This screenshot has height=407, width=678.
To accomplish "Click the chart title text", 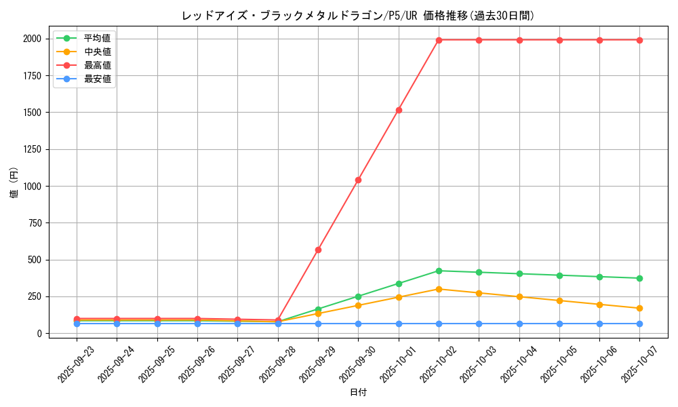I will click(358, 16).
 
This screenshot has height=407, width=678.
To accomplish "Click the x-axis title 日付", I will click(358, 393).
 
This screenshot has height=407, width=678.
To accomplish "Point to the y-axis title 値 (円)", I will click(14, 182).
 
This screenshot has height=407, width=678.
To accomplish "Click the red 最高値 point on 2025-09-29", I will click(318, 250).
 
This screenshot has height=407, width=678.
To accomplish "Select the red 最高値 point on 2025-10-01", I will click(399, 110).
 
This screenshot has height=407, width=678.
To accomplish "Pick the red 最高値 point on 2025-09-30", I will click(358, 180).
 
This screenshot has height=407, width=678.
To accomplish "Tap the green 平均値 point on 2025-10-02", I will click(439, 271).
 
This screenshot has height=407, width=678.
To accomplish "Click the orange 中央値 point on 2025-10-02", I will click(439, 289).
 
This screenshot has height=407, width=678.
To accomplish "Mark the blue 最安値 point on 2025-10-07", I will click(639, 324).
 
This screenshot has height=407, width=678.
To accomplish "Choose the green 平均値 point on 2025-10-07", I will click(639, 278).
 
